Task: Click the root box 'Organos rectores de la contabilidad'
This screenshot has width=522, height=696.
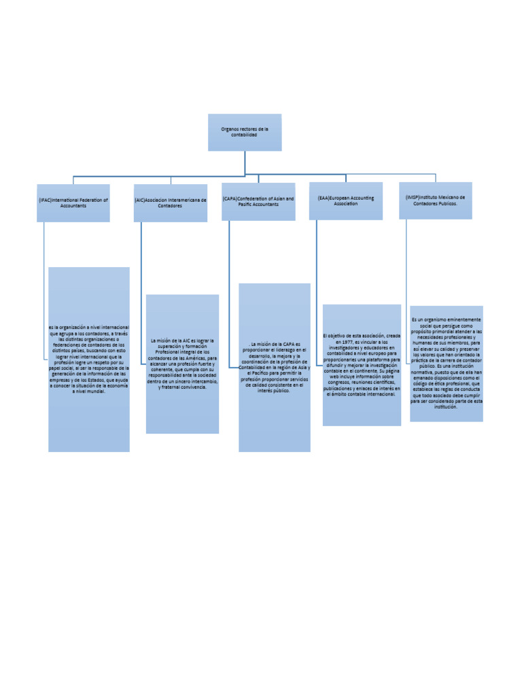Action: coord(245,132)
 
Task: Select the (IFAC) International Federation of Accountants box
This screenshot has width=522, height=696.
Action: coord(73,203)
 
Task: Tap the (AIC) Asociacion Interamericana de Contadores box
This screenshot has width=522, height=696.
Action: coord(171,203)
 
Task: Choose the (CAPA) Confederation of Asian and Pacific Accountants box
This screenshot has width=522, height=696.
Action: coord(258,201)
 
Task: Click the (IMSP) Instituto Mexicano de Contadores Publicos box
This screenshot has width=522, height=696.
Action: coord(435,200)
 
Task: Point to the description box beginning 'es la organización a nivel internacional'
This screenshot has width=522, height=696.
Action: coord(88,360)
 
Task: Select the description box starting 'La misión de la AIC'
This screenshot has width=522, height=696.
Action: coord(182,364)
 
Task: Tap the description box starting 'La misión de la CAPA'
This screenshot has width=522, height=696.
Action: coord(275,368)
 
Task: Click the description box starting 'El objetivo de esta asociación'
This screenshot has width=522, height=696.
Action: coord(362,365)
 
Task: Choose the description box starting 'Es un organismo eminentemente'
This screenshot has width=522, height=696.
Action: coord(447,364)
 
